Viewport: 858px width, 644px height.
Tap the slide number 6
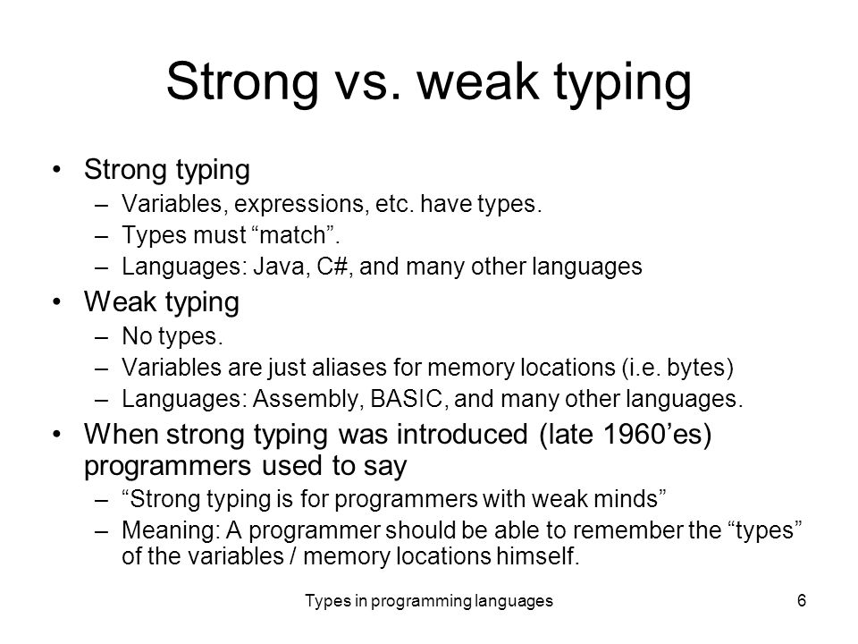[x=802, y=601]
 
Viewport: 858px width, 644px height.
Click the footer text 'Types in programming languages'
[x=429, y=601]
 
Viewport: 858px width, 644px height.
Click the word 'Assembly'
[x=308, y=399]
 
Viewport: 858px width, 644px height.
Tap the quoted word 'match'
[x=293, y=235]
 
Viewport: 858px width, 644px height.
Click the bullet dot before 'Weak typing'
[x=57, y=301]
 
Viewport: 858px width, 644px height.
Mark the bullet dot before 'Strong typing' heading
[x=57, y=169]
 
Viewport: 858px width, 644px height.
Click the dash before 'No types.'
[x=101, y=337]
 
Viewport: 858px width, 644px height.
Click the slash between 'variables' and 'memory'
[x=293, y=556]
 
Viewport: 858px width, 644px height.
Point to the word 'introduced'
[x=462, y=435]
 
